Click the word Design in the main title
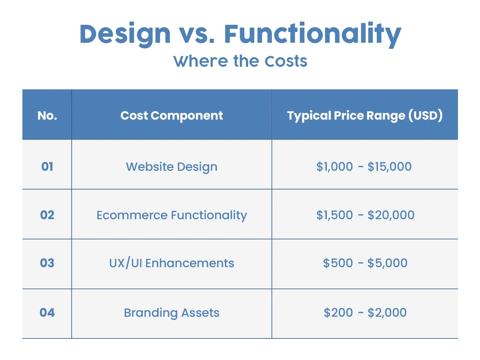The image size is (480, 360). point(125,34)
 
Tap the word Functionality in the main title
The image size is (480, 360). point(313,34)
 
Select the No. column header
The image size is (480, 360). point(47,116)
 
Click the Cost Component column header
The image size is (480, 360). point(172,116)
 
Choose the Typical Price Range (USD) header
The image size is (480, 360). point(365,116)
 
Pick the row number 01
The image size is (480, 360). point(47,166)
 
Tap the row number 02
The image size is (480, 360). point(47,215)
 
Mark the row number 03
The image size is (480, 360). point(47,263)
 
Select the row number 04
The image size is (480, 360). point(47,312)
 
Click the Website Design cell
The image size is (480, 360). point(172,167)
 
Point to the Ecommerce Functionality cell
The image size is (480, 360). point(172,215)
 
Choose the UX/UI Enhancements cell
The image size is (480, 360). point(172,263)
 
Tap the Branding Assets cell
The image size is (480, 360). point(172,312)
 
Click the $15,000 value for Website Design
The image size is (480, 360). point(390,166)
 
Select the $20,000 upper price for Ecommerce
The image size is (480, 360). point(391,215)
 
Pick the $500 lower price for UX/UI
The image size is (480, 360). point(338,263)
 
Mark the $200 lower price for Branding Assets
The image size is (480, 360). point(338,312)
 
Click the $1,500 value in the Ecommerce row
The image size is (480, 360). point(334,215)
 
